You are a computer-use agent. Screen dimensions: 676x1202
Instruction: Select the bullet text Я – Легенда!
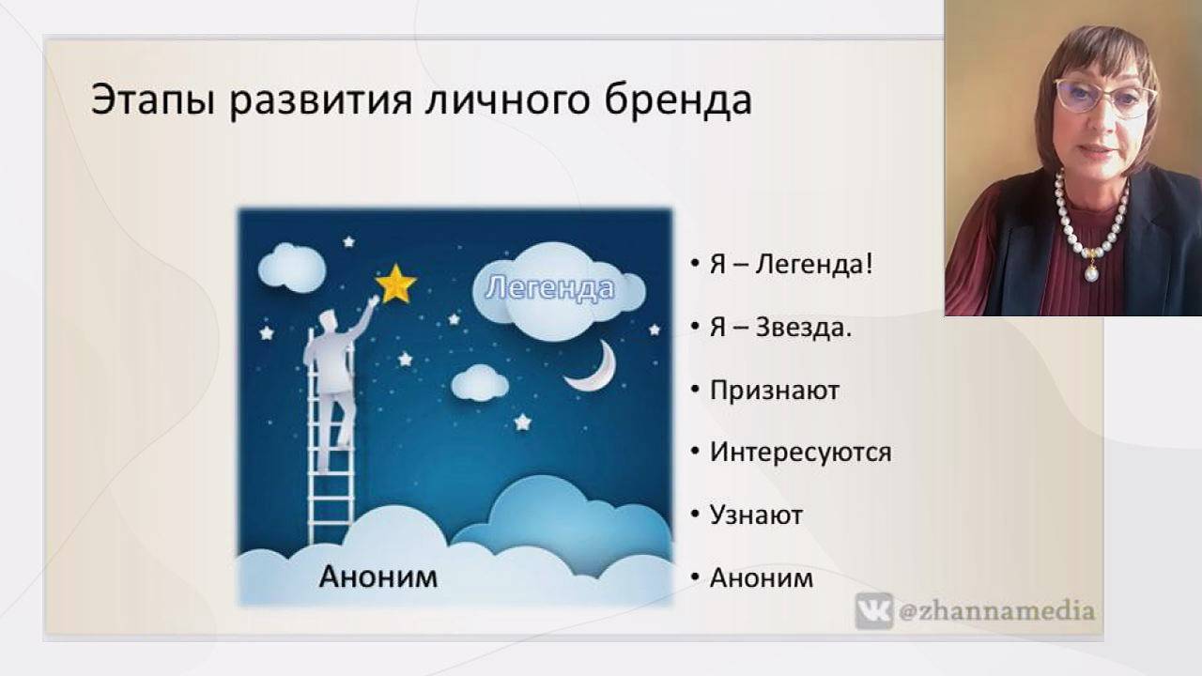click(792, 264)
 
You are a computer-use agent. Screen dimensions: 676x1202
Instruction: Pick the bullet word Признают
click(774, 391)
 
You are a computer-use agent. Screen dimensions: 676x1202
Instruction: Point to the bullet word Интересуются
click(800, 453)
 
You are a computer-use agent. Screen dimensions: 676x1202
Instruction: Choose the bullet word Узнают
click(756, 515)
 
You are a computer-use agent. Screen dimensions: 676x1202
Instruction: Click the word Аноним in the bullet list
click(761, 577)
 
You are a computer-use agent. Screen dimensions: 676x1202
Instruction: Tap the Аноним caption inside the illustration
click(378, 576)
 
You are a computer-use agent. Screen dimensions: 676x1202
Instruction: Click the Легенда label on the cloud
click(549, 288)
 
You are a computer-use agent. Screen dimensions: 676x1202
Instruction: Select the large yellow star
click(396, 284)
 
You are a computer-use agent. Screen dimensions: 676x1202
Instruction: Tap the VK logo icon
click(873, 611)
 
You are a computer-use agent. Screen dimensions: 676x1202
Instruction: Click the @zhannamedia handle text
click(995, 611)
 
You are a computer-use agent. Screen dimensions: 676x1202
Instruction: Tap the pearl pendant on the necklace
click(1091, 273)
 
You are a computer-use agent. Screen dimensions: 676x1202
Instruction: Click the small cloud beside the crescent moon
click(479, 382)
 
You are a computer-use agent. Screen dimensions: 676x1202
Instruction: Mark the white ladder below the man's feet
click(331, 507)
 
